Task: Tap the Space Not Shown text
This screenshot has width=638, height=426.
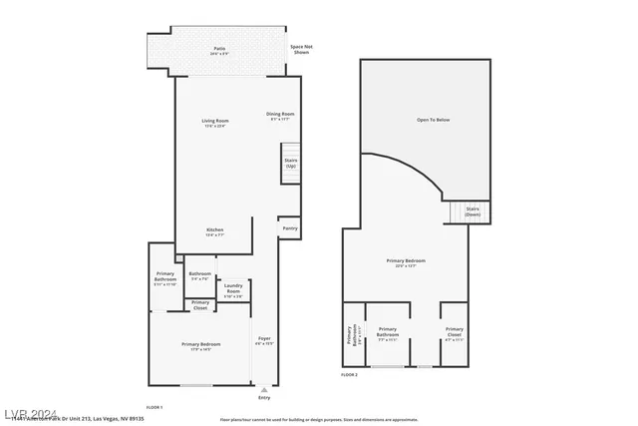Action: (x=300, y=48)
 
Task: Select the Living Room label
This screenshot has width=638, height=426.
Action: (x=214, y=123)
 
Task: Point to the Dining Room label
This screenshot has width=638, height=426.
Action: (x=280, y=115)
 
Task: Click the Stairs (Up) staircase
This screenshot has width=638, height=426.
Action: (x=291, y=163)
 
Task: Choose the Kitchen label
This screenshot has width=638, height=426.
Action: (x=214, y=231)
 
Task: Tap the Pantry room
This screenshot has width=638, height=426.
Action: (x=289, y=228)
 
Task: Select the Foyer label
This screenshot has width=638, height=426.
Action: (x=264, y=340)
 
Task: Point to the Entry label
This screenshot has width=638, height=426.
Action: (x=264, y=397)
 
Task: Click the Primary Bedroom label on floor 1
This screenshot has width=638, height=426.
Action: (x=200, y=345)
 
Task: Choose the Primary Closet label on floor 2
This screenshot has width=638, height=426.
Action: (x=454, y=330)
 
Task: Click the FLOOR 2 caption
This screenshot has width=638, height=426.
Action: (x=349, y=374)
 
